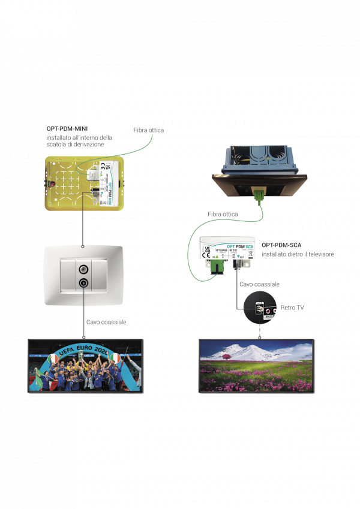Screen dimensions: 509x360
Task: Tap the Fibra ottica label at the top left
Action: point(148,130)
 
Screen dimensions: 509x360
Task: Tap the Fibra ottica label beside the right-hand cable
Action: point(223,214)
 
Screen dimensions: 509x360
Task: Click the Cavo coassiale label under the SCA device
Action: point(259,284)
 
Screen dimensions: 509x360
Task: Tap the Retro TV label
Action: point(292,308)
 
